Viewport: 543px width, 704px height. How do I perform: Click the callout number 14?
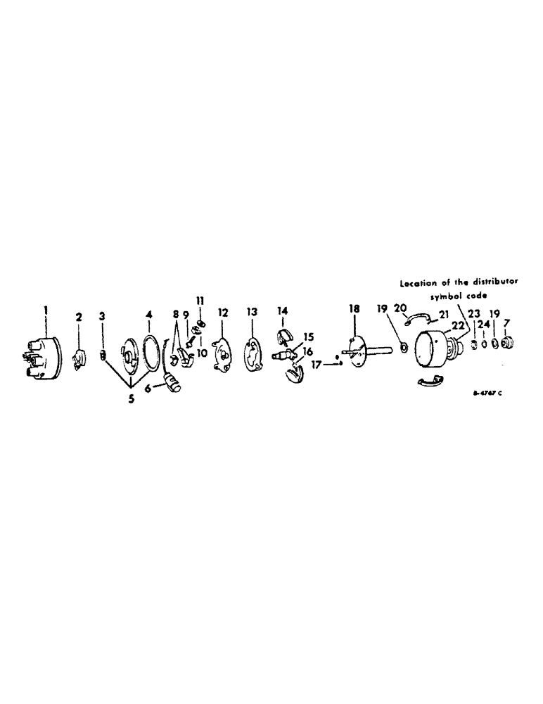click(283, 310)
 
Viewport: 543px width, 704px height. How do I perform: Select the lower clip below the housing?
click(430, 382)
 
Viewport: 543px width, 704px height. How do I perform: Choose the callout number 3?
click(103, 318)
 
